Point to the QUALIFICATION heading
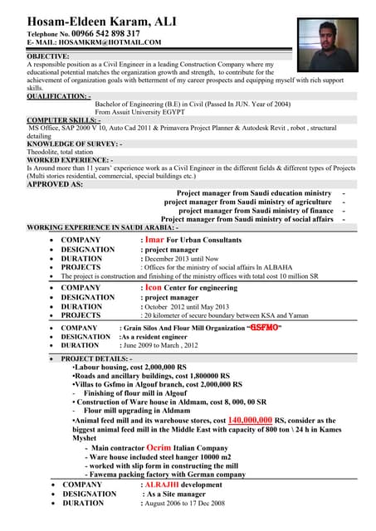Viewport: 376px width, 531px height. click(59, 95)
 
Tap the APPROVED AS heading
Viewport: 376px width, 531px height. click(55, 184)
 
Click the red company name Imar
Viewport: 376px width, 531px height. click(155, 239)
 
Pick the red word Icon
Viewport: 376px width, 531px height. click(154, 287)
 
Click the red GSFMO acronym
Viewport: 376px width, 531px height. click(265, 327)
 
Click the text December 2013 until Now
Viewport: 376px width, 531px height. click(182, 258)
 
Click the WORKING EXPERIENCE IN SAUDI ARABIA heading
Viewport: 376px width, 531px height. click(107, 227)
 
